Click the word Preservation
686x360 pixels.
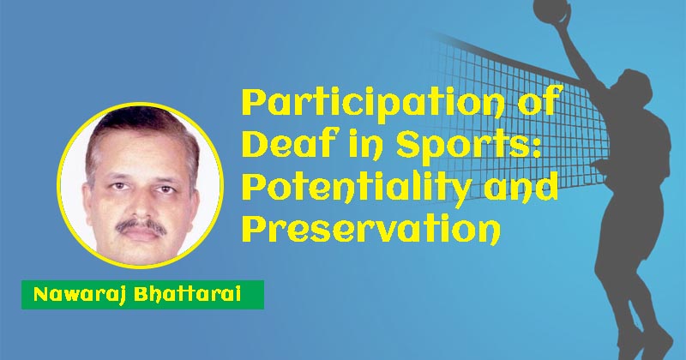click(x=371, y=228)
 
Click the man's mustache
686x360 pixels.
click(x=141, y=226)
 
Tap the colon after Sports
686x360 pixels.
click(x=535, y=147)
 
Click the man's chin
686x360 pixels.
click(x=141, y=250)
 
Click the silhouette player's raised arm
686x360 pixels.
click(x=577, y=55)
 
